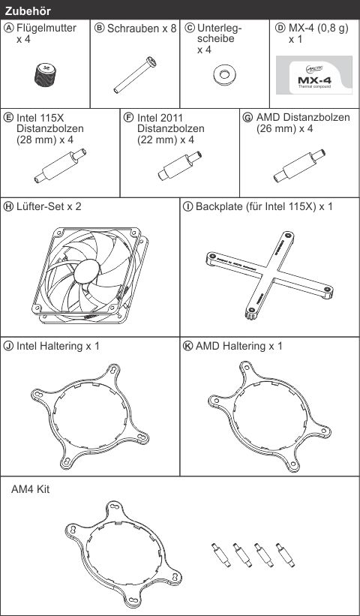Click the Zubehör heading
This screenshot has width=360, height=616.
[28, 11]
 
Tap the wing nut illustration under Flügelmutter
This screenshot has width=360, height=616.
[44, 74]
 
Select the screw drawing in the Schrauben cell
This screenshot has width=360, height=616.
[135, 75]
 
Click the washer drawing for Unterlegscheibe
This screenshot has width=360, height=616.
[224, 74]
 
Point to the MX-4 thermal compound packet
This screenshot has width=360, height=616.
[314, 75]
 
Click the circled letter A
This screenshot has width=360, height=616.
[9, 28]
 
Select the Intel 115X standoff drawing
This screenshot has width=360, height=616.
[60, 166]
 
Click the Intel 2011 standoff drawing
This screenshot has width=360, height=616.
[180, 166]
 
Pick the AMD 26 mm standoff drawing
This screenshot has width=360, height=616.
[299, 166]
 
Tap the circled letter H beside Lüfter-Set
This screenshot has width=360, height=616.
[9, 207]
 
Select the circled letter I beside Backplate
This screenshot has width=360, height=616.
[187, 207]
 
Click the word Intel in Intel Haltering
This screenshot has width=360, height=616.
[28, 346]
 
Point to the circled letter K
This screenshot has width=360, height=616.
[187, 346]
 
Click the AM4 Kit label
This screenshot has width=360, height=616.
[31, 489]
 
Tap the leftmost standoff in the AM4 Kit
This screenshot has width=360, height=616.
[220, 554]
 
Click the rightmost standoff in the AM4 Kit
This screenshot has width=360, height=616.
[286, 554]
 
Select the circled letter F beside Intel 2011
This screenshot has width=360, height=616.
[128, 118]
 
